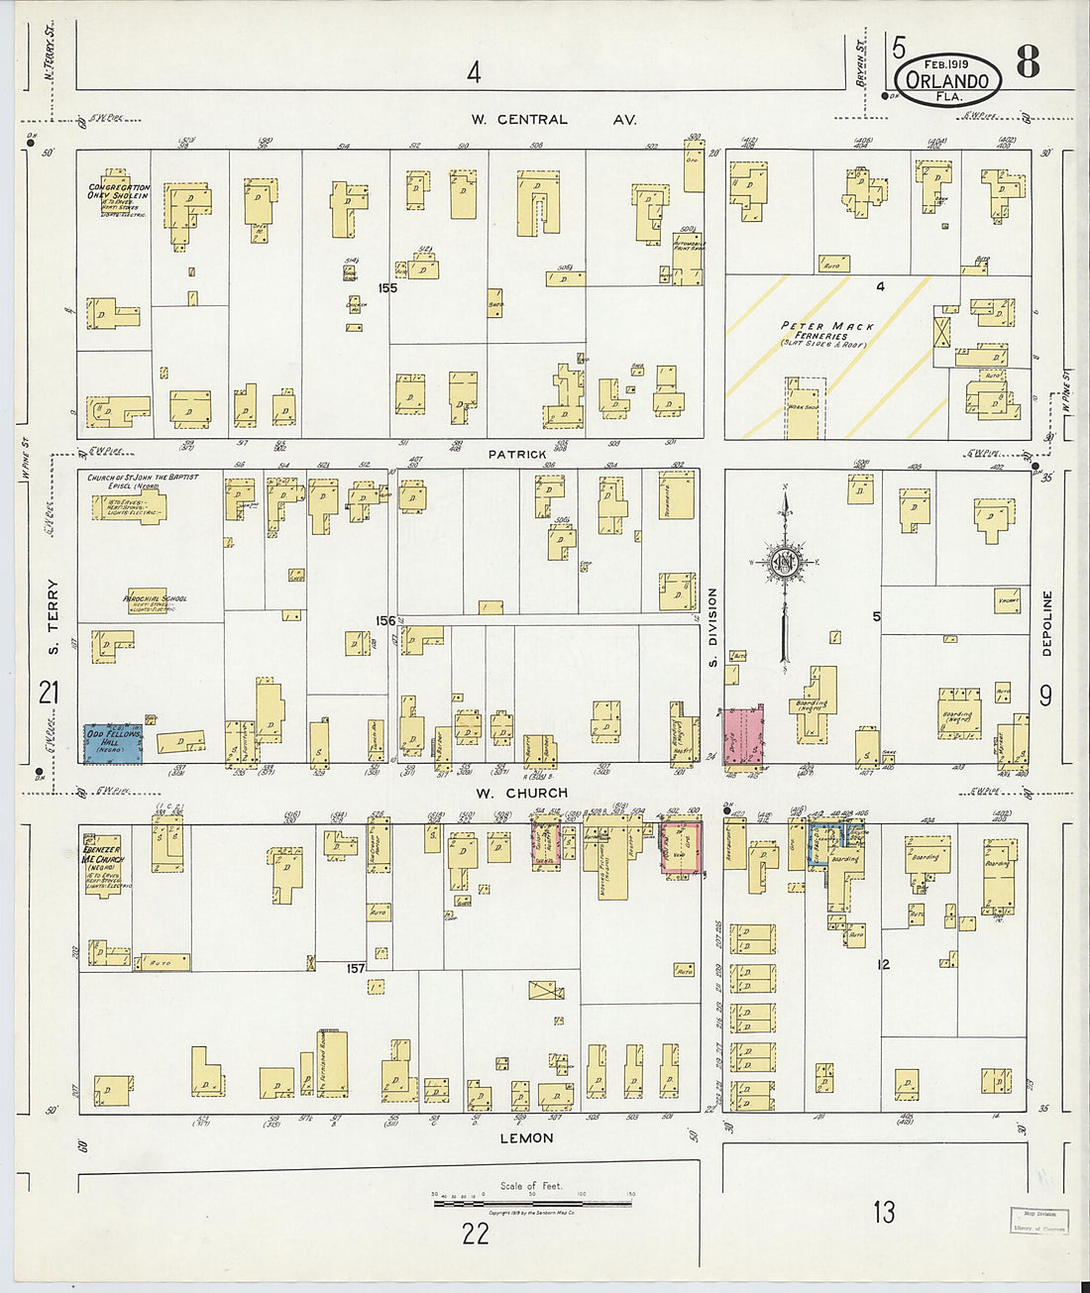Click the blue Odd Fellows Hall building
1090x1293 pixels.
(113, 743)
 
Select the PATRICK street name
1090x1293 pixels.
(517, 454)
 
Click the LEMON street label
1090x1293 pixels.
(526, 1138)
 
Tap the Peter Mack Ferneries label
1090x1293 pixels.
(827, 331)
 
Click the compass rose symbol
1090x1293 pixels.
(785, 565)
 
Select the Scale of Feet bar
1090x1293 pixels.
(532, 1203)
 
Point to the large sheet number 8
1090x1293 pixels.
(1028, 62)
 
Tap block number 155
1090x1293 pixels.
(386, 288)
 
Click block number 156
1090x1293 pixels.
(385, 621)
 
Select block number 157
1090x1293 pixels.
(356, 968)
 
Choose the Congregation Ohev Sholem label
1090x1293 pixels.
(118, 196)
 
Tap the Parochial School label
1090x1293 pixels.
(155, 600)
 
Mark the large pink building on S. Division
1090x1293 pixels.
(743, 735)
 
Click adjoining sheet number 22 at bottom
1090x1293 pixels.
(476, 1233)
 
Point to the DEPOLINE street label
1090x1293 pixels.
(1046, 624)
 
